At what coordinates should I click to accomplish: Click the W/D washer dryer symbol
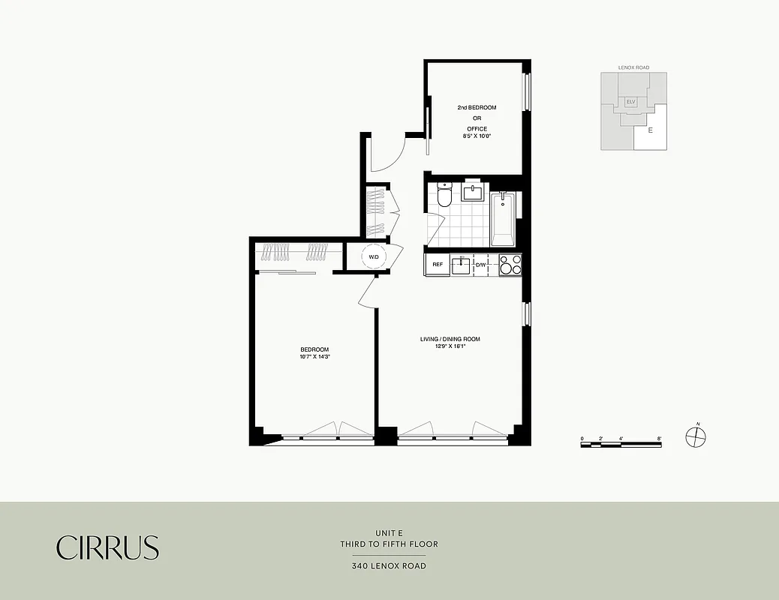[x=374, y=256]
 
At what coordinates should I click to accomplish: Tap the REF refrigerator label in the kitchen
[x=438, y=265]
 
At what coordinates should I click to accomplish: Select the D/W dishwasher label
[x=480, y=265]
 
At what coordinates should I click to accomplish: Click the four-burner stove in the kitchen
[x=510, y=265]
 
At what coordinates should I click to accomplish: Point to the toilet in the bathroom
[x=444, y=196]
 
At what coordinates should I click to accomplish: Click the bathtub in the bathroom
[x=503, y=219]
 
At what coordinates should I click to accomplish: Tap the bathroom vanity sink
[x=474, y=193]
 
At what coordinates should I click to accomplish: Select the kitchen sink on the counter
[x=460, y=265]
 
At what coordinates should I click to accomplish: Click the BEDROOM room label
[x=314, y=350]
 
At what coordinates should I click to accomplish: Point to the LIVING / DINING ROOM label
[x=450, y=339]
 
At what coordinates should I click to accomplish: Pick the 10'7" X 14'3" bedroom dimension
[x=315, y=358]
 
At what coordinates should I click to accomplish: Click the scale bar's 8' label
[x=659, y=437]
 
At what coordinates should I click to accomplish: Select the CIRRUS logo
[x=108, y=547]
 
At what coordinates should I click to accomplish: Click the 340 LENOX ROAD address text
[x=389, y=566]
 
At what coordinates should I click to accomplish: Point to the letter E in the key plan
[x=650, y=130]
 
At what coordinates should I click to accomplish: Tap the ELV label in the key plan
[x=631, y=101]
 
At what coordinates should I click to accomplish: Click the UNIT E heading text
[x=389, y=533]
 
